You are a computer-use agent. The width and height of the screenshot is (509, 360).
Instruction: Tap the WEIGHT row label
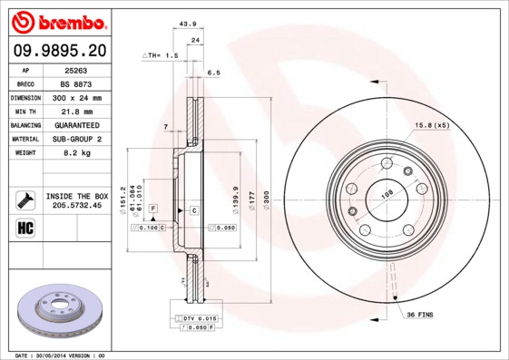tap(26, 153)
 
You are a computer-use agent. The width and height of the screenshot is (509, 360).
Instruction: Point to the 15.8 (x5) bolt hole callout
tap(431, 124)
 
